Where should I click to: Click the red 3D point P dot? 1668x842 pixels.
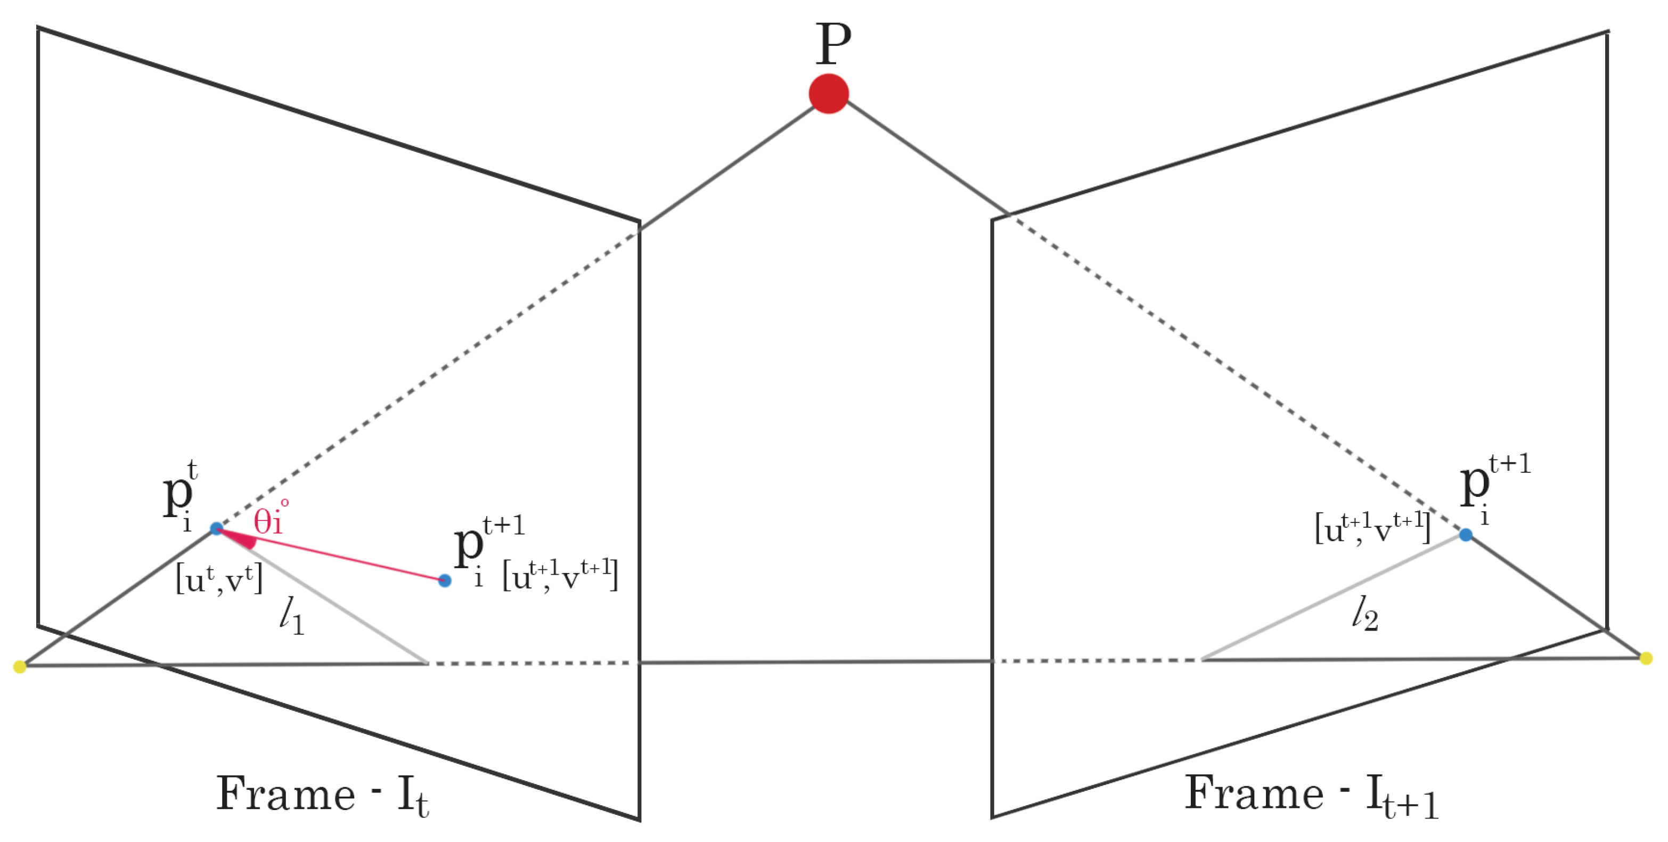coord(828,94)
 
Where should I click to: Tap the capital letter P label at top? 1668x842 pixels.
coord(833,44)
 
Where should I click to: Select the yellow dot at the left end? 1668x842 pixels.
coord(19,666)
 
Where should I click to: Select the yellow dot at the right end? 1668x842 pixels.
coord(1645,659)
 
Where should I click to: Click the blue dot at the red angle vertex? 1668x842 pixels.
coord(216,528)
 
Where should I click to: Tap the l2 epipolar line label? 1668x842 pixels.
coord(1365,614)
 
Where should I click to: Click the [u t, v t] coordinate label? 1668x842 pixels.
coord(219,578)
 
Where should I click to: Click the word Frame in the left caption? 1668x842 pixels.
coord(285,794)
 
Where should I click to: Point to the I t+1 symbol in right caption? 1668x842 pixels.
coord(1402,797)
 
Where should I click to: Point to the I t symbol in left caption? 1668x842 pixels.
coord(412,796)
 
